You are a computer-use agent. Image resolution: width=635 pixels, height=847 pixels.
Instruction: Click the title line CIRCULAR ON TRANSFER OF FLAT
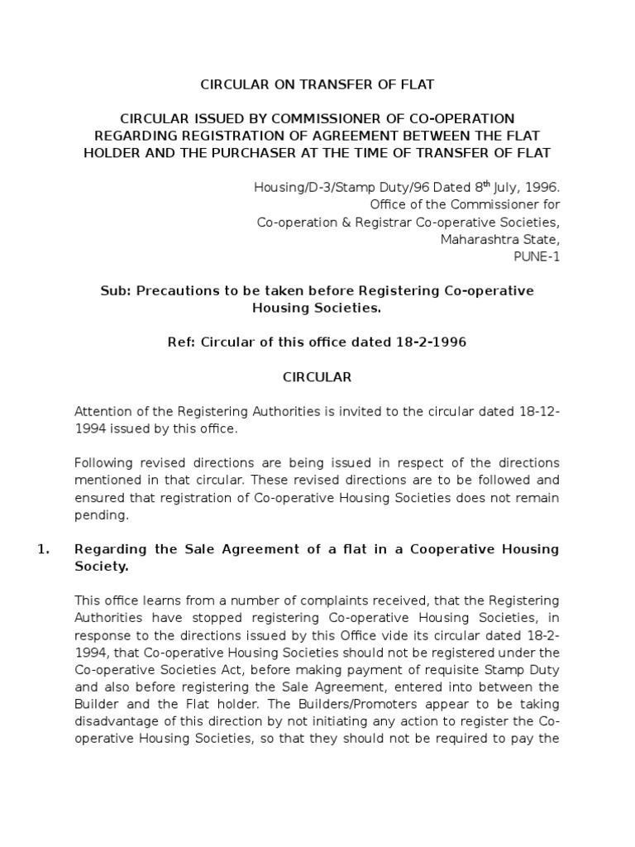pos(318,84)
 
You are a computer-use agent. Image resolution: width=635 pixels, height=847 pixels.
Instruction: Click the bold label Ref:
pos(182,342)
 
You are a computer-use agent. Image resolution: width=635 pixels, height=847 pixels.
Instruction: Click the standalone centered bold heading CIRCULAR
pos(317,377)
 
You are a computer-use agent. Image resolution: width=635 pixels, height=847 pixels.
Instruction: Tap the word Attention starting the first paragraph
pos(104,411)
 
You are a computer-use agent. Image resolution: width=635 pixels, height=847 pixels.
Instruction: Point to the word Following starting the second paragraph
pos(104,462)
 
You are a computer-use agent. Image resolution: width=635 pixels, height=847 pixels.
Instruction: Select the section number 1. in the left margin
pos(45,549)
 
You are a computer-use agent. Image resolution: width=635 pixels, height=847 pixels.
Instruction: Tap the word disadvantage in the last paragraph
pos(116,720)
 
